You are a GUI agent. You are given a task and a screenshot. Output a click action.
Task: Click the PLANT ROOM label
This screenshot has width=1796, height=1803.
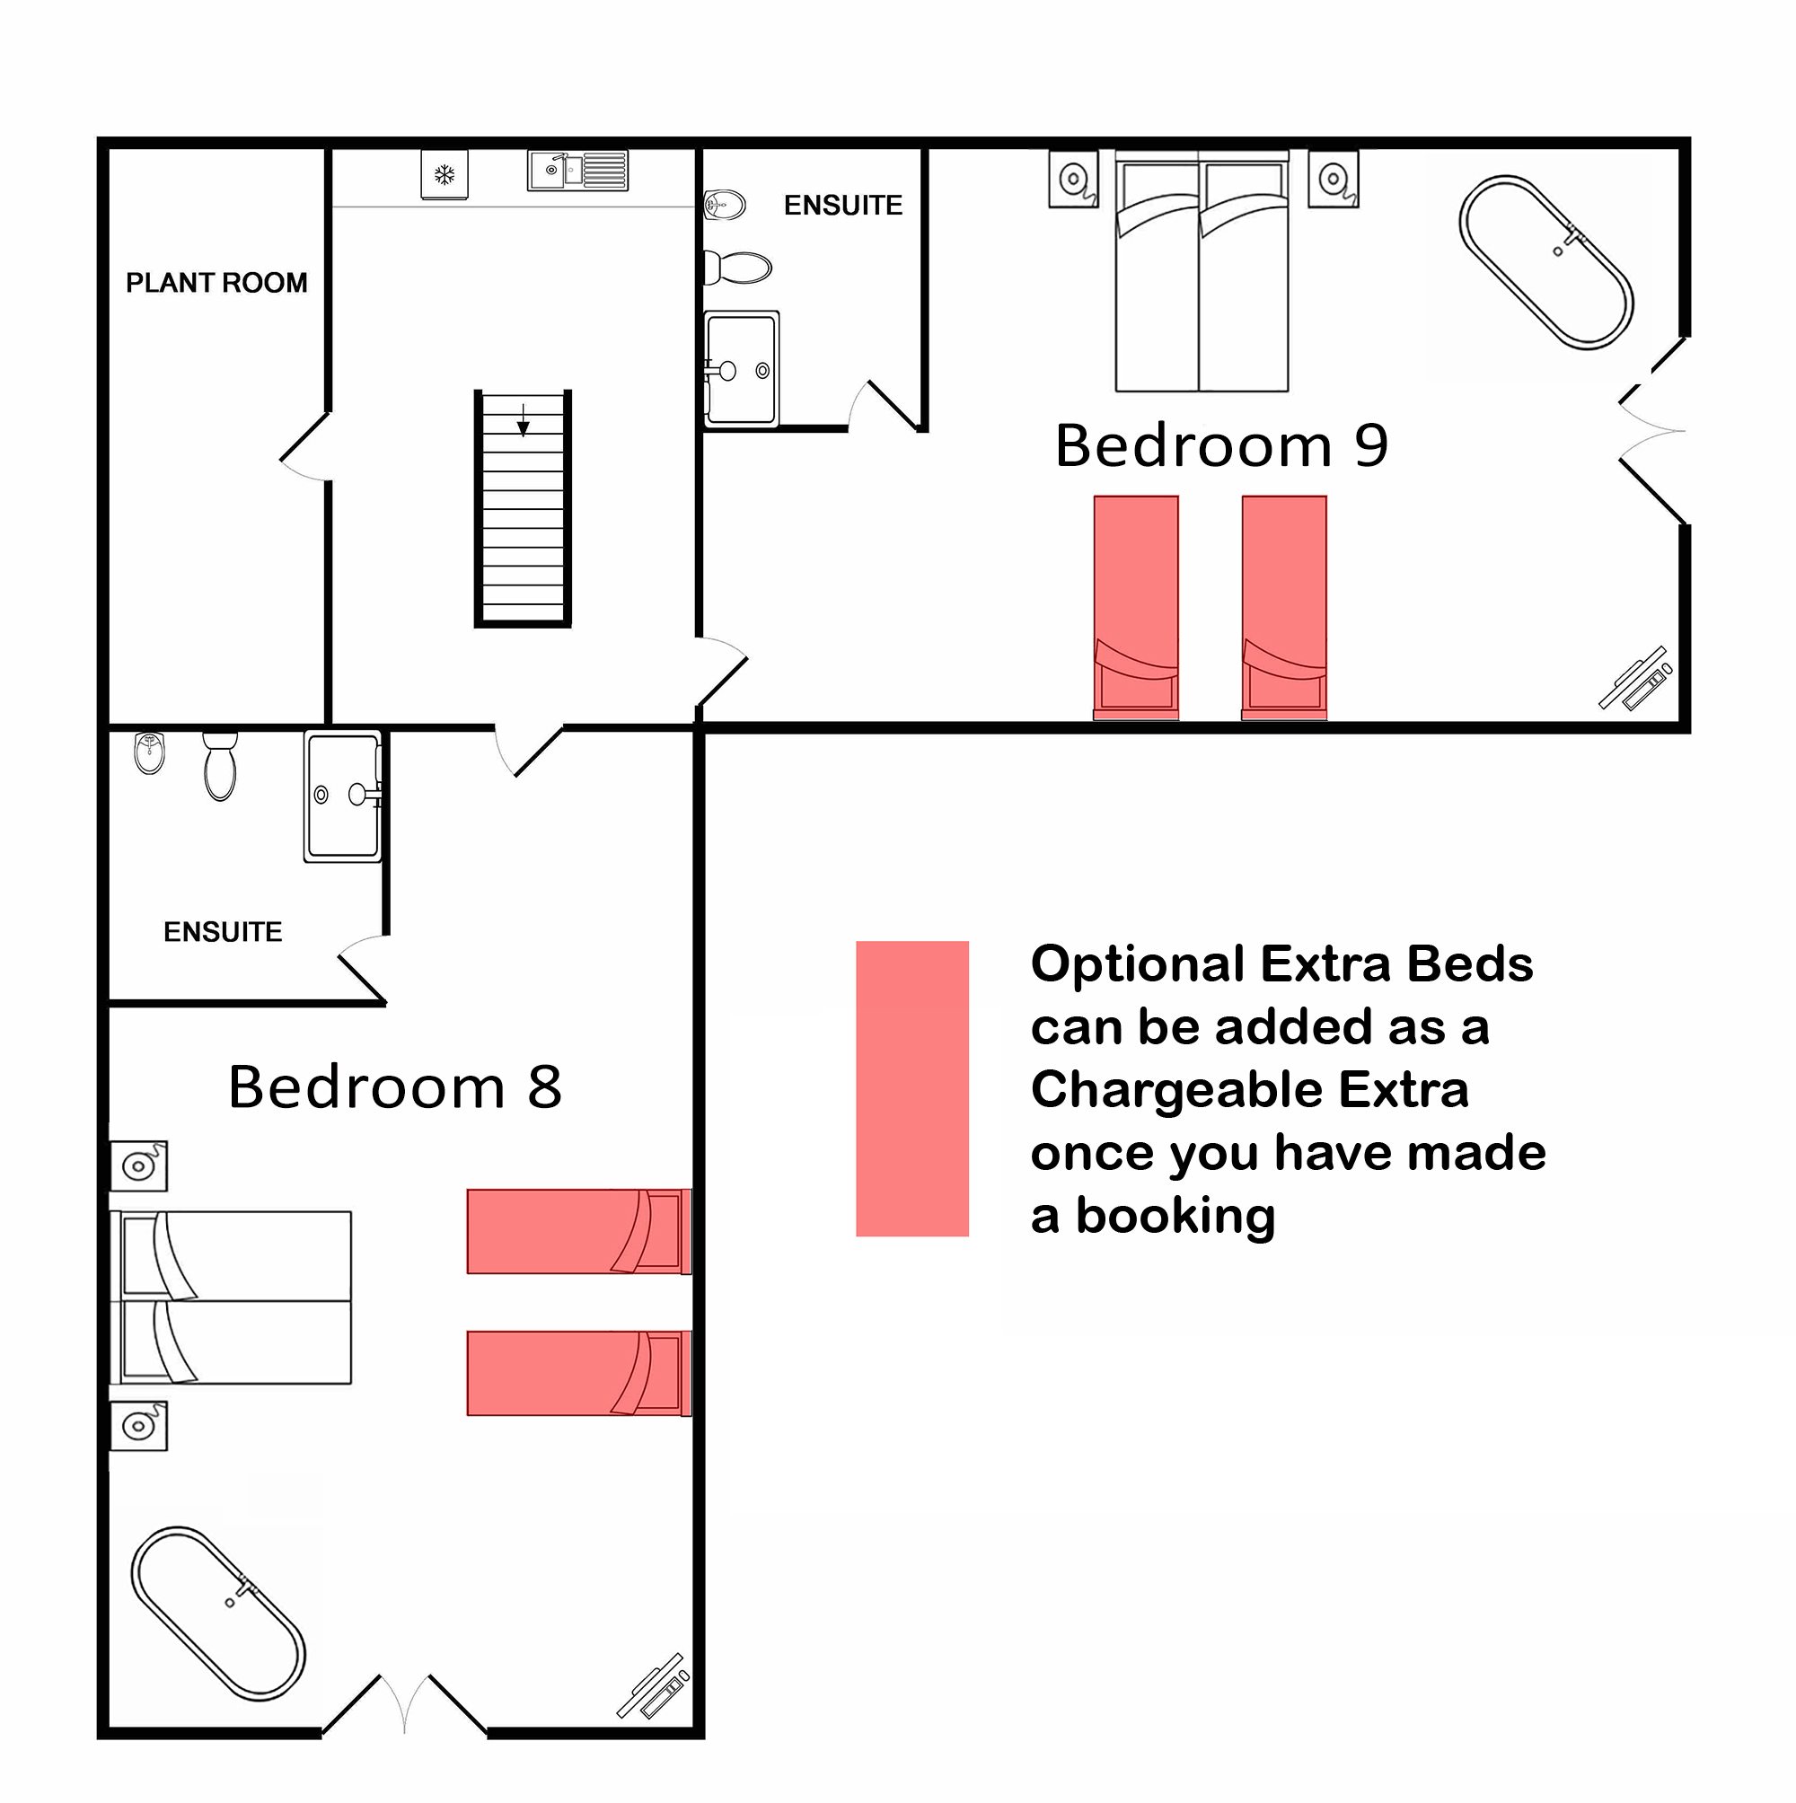tap(216, 283)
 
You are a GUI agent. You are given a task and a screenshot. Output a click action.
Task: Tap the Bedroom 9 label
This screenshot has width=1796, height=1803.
tap(1222, 445)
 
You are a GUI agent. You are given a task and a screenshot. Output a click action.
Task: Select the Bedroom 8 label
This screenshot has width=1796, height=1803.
tap(395, 1087)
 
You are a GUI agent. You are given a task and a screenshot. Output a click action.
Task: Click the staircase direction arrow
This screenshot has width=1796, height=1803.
tap(524, 421)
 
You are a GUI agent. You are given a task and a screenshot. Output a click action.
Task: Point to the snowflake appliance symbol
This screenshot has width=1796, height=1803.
tap(445, 174)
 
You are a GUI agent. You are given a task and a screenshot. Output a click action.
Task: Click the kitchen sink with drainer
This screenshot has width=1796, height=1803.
tap(577, 171)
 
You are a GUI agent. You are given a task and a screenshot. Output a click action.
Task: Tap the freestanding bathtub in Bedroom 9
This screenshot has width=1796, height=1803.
tap(1545, 262)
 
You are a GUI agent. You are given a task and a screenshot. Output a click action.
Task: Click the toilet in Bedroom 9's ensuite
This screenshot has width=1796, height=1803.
tap(737, 268)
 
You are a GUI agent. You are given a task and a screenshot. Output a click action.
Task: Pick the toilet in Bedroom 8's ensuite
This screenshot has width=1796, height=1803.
tap(220, 766)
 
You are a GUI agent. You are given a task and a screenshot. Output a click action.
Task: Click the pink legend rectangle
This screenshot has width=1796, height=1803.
tap(912, 1088)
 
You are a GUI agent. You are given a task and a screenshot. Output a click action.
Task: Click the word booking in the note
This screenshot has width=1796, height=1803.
tap(1175, 1217)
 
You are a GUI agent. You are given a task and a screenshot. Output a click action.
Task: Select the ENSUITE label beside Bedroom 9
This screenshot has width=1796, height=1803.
tap(843, 206)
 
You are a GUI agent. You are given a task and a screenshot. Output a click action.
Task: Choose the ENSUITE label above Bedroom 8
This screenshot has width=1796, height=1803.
tap(223, 932)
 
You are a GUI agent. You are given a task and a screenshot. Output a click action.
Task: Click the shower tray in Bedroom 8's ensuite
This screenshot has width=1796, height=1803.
tap(342, 796)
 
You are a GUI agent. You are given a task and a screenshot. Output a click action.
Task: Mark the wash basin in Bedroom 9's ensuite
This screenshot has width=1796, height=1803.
tap(725, 204)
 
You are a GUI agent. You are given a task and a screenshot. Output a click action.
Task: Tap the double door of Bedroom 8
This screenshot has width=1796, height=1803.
tap(404, 1705)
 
